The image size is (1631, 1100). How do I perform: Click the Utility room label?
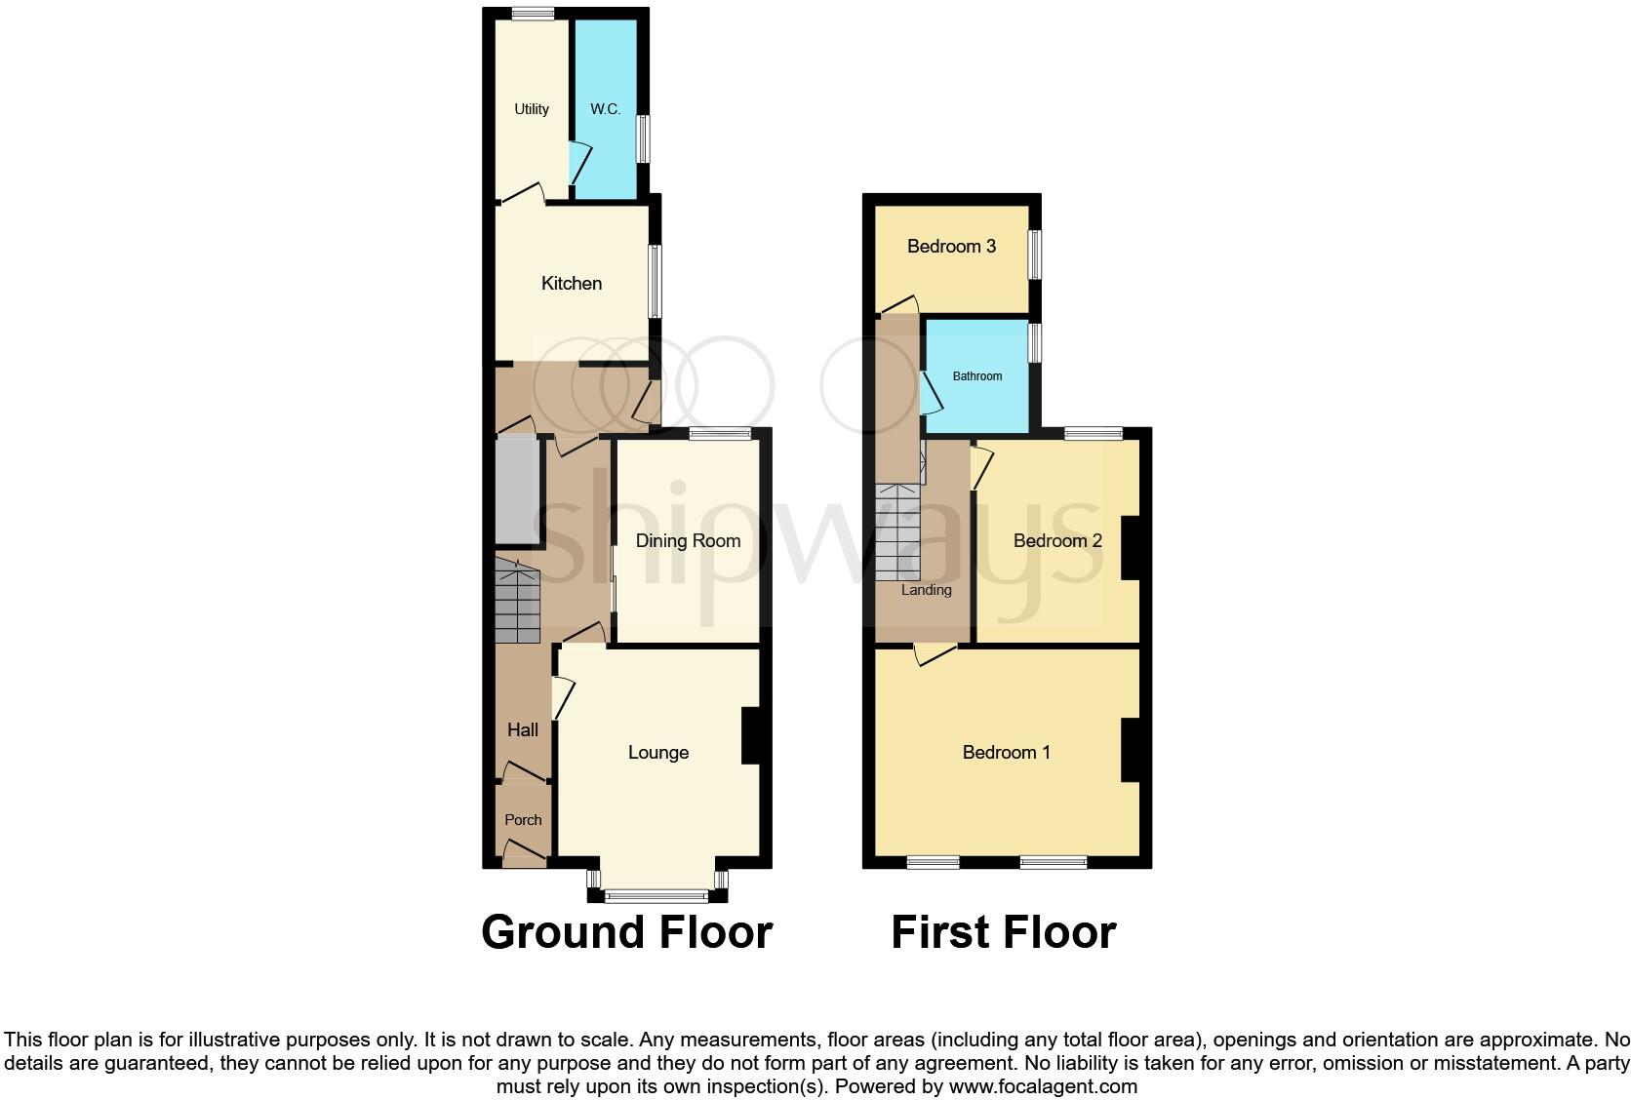(x=532, y=109)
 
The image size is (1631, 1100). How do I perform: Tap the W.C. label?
(x=605, y=109)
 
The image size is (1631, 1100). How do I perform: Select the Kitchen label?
(x=572, y=284)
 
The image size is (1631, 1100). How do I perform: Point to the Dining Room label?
(x=688, y=541)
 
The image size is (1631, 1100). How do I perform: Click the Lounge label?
(x=658, y=753)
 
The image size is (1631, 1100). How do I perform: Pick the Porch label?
(x=523, y=820)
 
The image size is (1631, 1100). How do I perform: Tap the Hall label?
(x=523, y=730)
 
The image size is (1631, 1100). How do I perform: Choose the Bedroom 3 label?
(x=951, y=247)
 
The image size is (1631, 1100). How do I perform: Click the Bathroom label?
(x=976, y=376)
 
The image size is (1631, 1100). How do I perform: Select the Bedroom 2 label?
(x=1057, y=541)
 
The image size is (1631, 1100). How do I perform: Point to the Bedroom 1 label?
(x=1006, y=753)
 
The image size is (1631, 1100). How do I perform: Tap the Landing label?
(x=926, y=590)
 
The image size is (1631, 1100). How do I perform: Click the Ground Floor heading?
(x=626, y=932)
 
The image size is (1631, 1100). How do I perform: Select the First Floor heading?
(x=1003, y=932)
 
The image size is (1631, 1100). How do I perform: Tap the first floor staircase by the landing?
(x=897, y=531)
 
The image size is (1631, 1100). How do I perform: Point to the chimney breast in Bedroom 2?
(x=1131, y=547)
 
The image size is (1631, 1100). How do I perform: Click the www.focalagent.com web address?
(x=1043, y=1086)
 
